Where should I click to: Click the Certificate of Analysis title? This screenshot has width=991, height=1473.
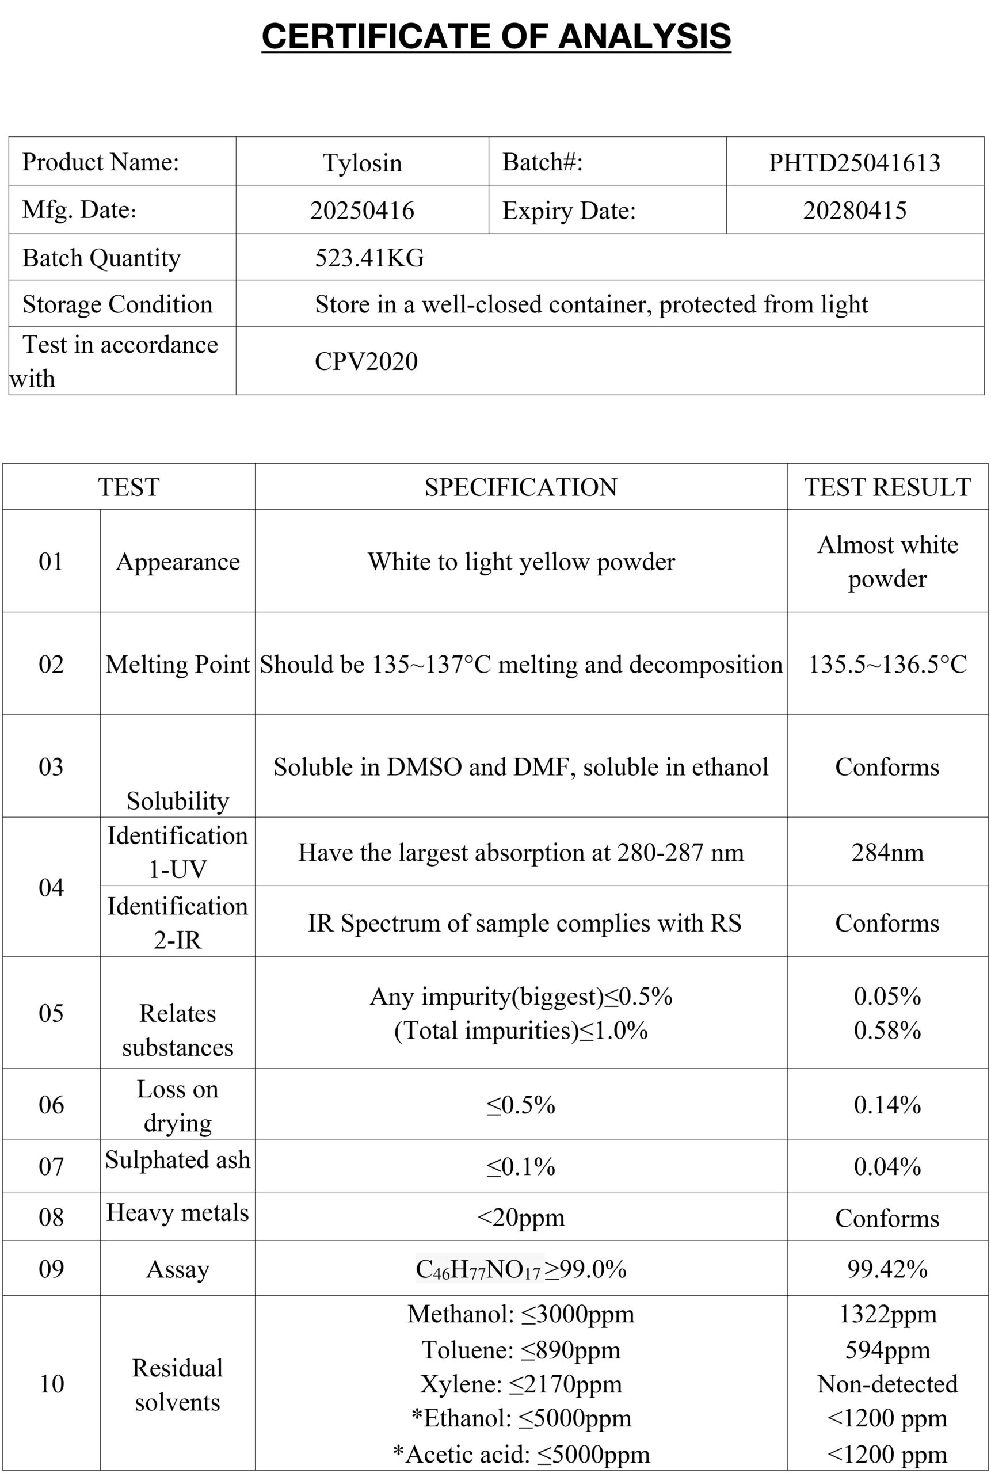(496, 36)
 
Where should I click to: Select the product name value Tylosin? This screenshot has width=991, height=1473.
(362, 162)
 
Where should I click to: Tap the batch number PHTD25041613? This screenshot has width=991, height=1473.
(855, 162)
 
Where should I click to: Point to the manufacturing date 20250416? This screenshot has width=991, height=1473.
(362, 211)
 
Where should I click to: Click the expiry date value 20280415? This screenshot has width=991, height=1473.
(855, 211)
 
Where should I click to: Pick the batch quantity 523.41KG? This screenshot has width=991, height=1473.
(369, 258)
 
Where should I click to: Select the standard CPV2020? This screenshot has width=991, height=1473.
(367, 361)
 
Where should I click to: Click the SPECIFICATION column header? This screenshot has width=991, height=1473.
(521, 487)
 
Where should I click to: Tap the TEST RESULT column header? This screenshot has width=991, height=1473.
(887, 487)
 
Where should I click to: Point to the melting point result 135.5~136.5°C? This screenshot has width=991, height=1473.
(887, 664)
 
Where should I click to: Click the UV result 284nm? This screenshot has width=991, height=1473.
(887, 853)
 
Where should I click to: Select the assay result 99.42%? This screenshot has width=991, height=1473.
(887, 1269)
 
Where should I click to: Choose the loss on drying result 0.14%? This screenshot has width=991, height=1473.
(887, 1105)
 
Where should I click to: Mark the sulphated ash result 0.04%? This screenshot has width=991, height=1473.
(887, 1166)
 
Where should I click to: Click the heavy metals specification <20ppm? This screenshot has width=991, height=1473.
(521, 1217)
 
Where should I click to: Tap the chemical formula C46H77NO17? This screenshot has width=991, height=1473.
(478, 1269)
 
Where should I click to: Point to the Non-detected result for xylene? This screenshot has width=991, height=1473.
(887, 1384)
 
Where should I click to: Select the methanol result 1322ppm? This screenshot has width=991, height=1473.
(887, 1314)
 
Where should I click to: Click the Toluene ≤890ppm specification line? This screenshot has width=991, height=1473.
(521, 1350)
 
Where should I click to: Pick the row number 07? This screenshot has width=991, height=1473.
(51, 1166)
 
